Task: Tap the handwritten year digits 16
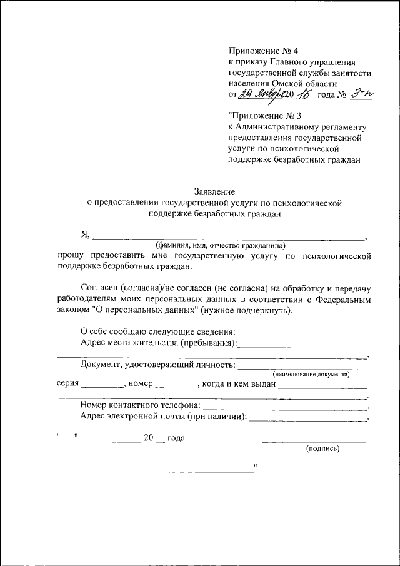[306, 94]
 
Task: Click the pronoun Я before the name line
[85, 235]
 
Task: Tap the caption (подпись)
[322, 448]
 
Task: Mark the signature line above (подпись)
[314, 442]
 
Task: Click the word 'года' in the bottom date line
[176, 438]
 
